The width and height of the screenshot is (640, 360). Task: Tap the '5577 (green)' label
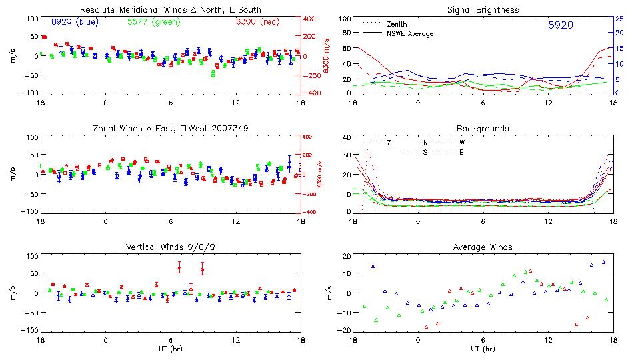(153, 22)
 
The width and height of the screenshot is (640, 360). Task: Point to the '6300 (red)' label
(257, 22)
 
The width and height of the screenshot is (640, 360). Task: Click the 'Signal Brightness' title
(483, 10)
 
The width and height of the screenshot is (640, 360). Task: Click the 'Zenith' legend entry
(397, 24)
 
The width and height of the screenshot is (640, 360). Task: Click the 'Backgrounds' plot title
(483, 128)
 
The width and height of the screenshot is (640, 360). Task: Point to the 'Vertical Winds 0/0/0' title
(171, 247)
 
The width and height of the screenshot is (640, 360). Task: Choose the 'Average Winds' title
(483, 247)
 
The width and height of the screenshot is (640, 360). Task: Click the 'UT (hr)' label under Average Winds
(483, 348)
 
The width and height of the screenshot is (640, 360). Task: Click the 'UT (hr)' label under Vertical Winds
(171, 348)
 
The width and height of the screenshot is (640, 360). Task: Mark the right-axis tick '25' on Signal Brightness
(619, 19)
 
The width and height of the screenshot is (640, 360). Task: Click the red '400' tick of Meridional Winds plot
(311, 19)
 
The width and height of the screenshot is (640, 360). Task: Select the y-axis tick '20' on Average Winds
(346, 257)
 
